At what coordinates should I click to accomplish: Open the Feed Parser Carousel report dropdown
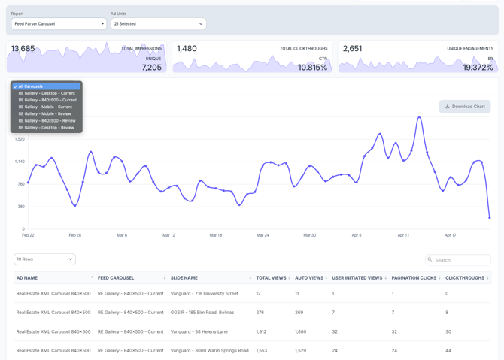click(x=59, y=24)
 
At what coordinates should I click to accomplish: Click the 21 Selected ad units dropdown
click(x=158, y=24)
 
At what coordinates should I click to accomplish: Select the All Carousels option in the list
click(x=46, y=86)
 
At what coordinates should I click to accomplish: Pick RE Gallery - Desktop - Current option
click(x=47, y=93)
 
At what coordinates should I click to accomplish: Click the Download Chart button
click(x=465, y=107)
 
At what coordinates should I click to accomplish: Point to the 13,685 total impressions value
click(x=23, y=49)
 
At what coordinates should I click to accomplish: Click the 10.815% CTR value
click(x=312, y=68)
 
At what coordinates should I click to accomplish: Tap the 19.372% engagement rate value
click(x=478, y=68)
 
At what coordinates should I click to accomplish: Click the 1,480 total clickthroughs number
click(x=187, y=49)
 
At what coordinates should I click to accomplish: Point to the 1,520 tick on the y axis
click(x=20, y=139)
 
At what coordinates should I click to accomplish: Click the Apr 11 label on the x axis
click(x=403, y=235)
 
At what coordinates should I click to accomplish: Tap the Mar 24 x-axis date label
click(x=263, y=235)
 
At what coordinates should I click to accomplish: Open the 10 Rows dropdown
click(x=44, y=259)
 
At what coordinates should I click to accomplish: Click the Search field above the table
click(x=458, y=260)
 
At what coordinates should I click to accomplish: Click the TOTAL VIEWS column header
click(x=271, y=278)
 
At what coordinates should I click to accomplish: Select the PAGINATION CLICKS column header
click(x=413, y=278)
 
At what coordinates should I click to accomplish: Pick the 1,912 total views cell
click(x=261, y=331)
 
